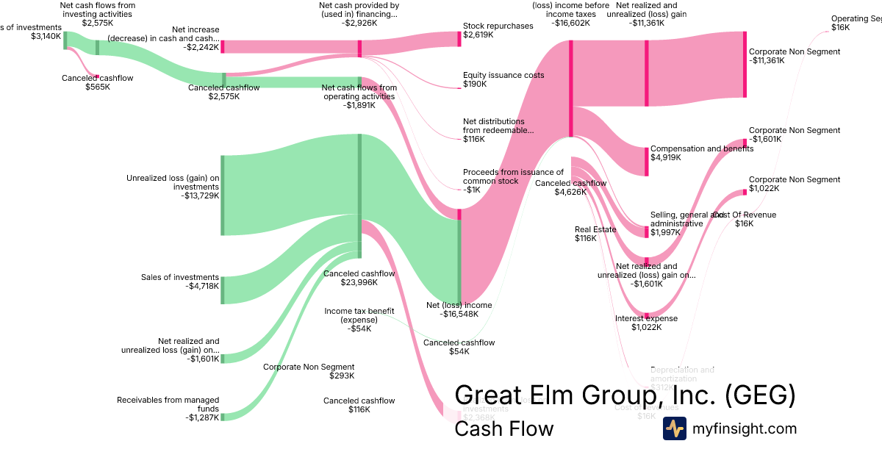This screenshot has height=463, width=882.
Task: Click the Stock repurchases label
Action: pos(498,26)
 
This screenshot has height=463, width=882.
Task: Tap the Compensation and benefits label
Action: pos(702,148)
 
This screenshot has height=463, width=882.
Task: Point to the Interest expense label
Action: pos(646,318)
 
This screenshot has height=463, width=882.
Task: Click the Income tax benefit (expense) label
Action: pos(359,315)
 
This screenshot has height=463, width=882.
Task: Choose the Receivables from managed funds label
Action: pos(168,404)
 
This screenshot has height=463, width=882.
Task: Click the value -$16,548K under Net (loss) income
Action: pos(459,314)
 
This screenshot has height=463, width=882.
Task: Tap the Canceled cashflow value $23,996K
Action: pos(359,282)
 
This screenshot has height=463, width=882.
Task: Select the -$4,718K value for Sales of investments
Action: pos(202,286)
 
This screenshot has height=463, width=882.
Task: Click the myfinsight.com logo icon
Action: pos(674,428)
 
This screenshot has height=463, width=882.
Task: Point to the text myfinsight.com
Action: pos(745,428)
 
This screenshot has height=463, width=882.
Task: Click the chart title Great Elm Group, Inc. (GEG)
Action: pos(625,395)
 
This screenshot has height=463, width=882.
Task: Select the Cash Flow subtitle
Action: pos(503,428)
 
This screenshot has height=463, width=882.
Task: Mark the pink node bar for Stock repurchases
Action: pos(459,39)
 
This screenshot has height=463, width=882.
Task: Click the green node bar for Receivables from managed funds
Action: pos(222,417)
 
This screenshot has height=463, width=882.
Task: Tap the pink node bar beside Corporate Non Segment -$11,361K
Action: pos(745,64)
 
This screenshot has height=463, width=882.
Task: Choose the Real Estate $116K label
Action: pos(595,234)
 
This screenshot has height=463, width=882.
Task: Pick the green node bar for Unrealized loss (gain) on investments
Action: pos(222,195)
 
